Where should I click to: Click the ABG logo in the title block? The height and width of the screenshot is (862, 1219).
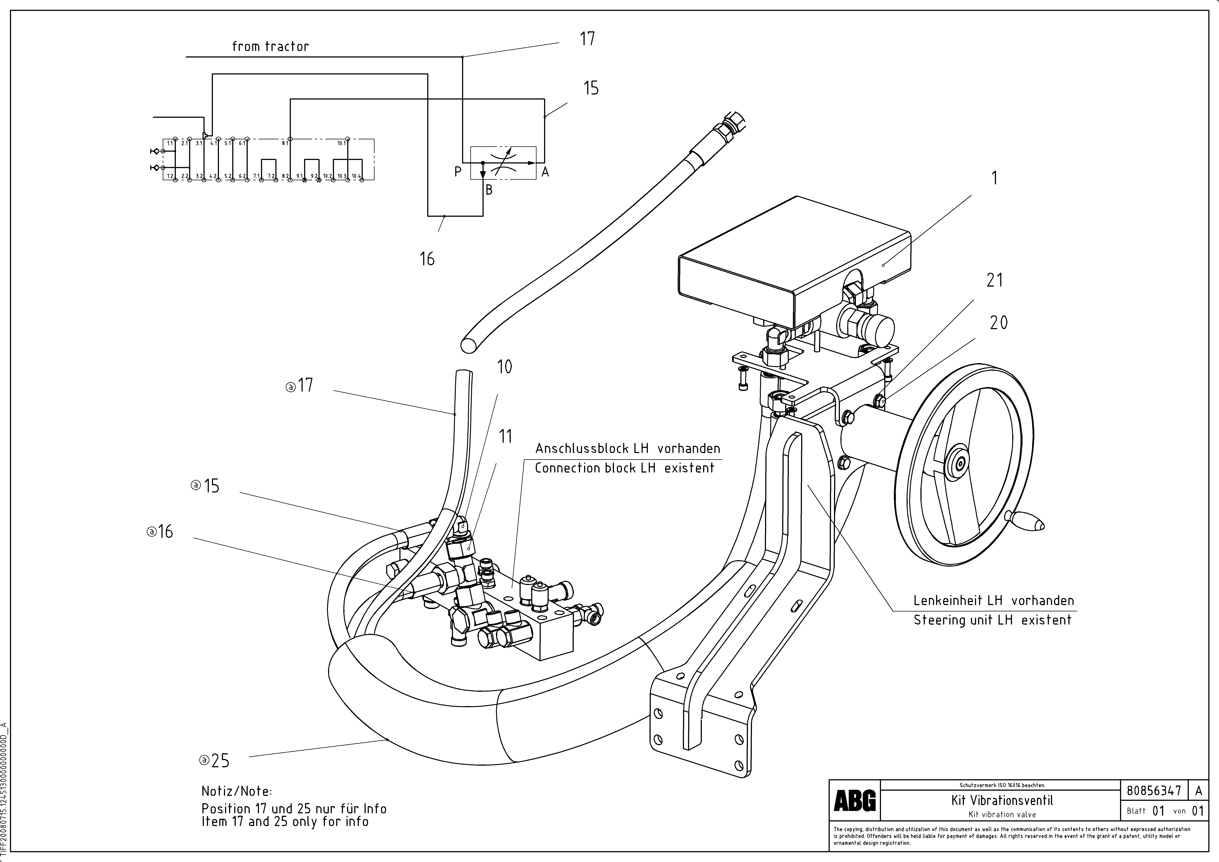[x=855, y=800]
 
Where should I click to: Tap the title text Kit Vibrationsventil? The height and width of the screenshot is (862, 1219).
[x=1002, y=800]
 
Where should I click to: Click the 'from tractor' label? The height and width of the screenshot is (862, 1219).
[x=270, y=47]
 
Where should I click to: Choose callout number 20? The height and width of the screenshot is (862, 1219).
[x=999, y=323]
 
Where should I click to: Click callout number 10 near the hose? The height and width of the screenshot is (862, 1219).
[x=504, y=367]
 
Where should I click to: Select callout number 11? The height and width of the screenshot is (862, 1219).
[x=505, y=436]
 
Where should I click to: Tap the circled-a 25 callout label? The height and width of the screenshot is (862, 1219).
[x=215, y=761]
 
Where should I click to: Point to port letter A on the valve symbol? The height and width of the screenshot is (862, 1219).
[x=545, y=172]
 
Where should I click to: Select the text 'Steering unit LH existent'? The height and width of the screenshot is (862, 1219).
[x=992, y=620]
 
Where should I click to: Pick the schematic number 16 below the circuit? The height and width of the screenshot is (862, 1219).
[x=427, y=259]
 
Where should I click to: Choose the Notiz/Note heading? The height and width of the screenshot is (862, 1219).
[x=236, y=791]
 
